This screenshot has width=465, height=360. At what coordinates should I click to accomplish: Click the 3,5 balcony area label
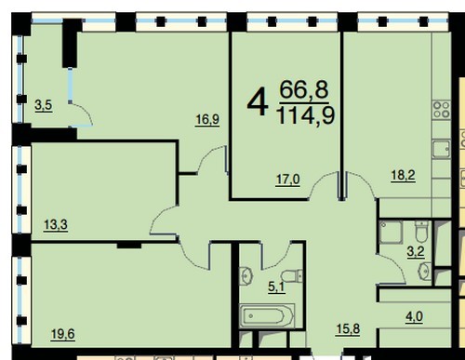point(44,105)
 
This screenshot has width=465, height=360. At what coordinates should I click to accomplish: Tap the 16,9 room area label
point(207,119)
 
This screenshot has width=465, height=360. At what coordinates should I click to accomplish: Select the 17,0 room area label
point(288,180)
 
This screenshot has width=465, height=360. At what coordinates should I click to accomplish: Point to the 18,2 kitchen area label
point(403,176)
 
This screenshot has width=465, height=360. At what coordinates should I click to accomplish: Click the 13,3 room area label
point(56,224)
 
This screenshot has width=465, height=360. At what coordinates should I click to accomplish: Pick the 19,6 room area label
point(62,334)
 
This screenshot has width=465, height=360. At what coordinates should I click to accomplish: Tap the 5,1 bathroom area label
point(276,287)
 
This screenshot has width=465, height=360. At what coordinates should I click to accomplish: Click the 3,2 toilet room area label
point(416,251)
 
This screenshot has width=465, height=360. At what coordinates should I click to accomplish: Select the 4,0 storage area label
point(415,317)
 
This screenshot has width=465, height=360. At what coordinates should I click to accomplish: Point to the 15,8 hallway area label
point(348,329)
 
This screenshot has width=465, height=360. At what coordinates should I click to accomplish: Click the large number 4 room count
point(258,101)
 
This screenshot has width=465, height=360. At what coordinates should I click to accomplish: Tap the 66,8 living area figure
point(304,89)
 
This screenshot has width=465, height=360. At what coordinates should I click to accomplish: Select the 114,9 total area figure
point(306,114)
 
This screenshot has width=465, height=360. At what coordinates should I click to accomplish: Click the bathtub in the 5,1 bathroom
point(267,316)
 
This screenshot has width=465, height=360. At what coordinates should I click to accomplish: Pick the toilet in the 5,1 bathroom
point(291,276)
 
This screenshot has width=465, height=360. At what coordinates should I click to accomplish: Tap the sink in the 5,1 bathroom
point(246,274)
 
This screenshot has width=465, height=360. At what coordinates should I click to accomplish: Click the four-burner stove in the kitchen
point(442,110)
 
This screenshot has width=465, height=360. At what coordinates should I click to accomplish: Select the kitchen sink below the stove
point(442,149)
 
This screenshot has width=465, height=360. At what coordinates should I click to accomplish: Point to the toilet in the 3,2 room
point(421,231)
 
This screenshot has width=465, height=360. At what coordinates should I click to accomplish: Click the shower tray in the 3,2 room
point(391,232)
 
